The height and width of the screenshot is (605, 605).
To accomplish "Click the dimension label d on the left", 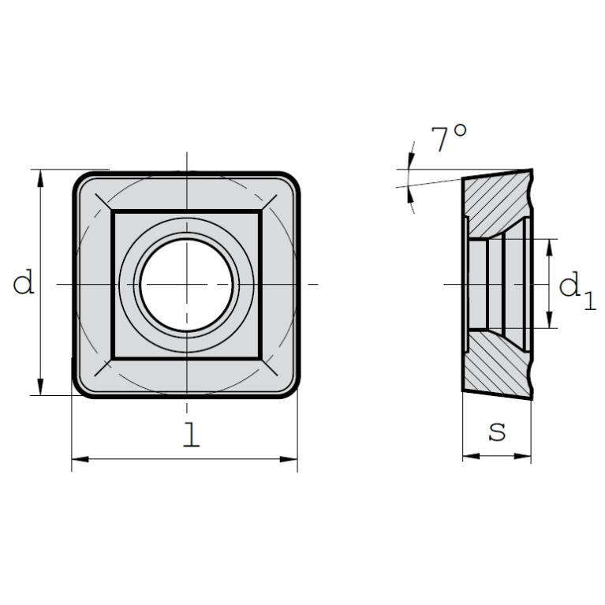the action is point(24,282).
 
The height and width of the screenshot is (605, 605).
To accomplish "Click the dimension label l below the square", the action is point(192,435).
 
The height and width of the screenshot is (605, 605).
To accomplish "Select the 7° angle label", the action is point(448,138).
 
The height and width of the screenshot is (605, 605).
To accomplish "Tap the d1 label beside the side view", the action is point(577,289).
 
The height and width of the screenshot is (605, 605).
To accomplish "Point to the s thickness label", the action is point(497,432).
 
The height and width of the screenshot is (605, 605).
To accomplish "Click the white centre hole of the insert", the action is point(187,285).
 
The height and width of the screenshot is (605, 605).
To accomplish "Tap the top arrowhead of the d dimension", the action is point(40,178).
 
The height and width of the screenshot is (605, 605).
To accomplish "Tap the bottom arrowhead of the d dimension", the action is point(40,387).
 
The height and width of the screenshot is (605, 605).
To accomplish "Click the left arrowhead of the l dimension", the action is point(80,459).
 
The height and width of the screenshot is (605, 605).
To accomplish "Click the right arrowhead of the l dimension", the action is point(289,459).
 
